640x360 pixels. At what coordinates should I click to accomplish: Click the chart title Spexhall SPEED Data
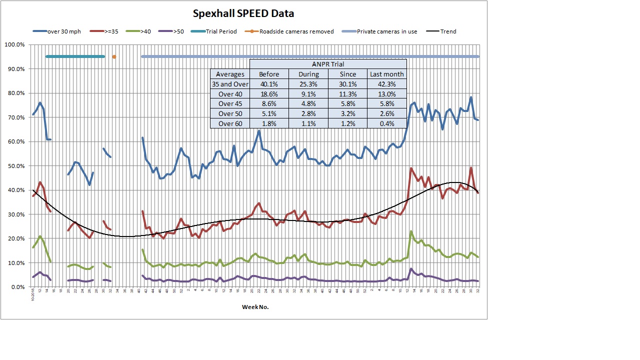point(243,13)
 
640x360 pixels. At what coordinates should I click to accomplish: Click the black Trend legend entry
point(448,31)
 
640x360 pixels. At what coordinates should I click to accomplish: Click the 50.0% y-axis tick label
point(15,166)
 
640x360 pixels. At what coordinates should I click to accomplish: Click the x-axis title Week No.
point(255,307)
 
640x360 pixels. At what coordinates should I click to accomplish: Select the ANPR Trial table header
point(327,64)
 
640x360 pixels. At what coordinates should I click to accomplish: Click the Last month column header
point(386,74)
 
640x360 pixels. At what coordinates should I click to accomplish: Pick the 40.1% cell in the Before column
point(269,84)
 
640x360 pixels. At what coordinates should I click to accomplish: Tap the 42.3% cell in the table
point(386,84)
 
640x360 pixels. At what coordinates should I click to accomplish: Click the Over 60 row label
point(230,123)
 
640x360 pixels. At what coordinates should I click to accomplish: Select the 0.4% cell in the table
point(386,123)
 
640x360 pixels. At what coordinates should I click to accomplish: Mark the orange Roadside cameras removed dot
point(114,57)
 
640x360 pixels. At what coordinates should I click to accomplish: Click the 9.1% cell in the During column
point(308,94)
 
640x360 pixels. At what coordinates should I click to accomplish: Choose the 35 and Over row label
point(230,84)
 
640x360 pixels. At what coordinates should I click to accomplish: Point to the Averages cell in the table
point(230,74)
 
